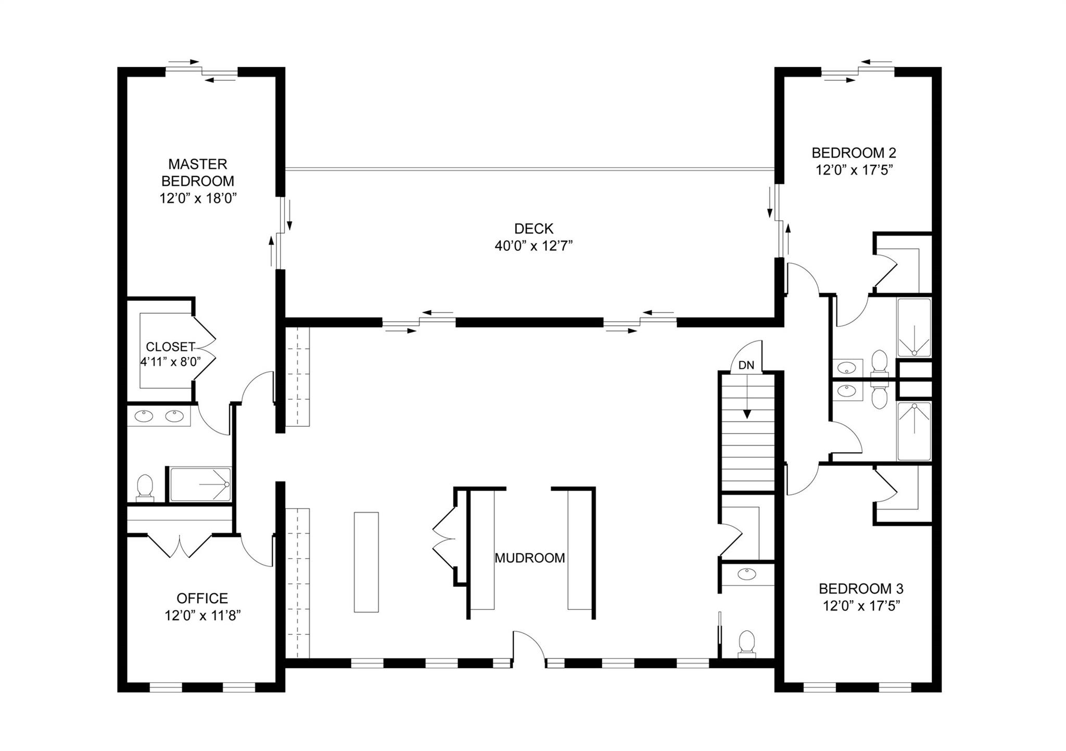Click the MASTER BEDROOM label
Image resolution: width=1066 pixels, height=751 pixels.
click(x=197, y=172)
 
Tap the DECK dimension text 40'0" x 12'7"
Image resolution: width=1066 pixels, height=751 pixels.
click(x=534, y=246)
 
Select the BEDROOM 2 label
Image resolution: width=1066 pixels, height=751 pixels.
click(x=854, y=153)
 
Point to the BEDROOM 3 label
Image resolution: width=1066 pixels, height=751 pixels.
click(x=861, y=589)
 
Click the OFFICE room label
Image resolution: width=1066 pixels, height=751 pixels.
click(x=202, y=598)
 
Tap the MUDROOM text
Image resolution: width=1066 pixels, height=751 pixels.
click(x=529, y=558)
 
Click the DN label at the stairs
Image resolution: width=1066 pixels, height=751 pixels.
click(x=746, y=365)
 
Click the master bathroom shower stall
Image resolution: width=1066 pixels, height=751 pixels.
click(x=200, y=485)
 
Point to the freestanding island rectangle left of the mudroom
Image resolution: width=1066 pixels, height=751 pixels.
click(x=366, y=562)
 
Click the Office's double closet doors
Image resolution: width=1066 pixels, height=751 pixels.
click(x=180, y=545)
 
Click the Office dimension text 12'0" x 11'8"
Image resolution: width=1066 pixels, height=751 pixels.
click(x=202, y=616)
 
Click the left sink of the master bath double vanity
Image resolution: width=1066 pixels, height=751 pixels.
click(x=143, y=416)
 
